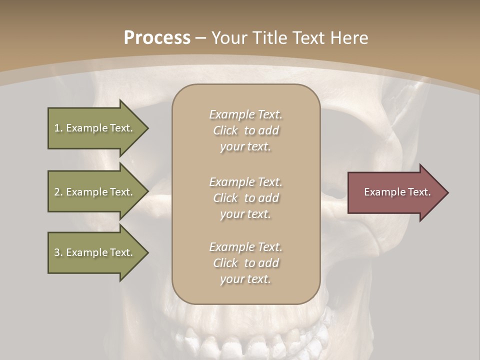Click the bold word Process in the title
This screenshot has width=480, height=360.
(157, 37)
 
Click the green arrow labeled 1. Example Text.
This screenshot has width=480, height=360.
(95, 128)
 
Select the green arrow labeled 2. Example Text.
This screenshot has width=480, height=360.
(95, 192)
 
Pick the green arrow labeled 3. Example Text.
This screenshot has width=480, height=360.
(95, 252)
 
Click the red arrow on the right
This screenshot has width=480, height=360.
(395, 192)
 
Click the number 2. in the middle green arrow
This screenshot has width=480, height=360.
(58, 192)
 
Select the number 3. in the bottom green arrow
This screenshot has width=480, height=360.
(58, 252)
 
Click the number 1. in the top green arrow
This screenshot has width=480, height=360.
(58, 128)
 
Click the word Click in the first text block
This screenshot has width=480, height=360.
(225, 130)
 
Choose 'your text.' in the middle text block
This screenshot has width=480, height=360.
(245, 214)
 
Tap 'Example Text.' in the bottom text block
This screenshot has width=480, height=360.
(245, 247)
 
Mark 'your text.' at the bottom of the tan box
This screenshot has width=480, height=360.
(245, 279)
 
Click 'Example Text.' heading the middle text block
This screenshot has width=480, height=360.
(245, 182)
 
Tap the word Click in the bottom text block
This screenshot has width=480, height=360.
(225, 263)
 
